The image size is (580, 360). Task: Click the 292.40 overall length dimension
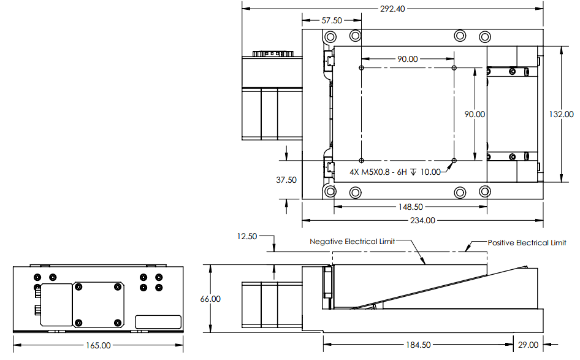(x=392, y=9)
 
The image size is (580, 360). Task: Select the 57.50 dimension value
(x=332, y=20)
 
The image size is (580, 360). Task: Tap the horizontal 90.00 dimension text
(x=407, y=59)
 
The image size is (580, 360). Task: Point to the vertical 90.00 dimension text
(x=475, y=114)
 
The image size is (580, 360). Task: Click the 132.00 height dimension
(x=561, y=114)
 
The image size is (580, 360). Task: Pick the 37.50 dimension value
(x=286, y=180)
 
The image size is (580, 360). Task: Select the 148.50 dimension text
(x=411, y=207)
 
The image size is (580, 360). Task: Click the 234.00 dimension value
(x=422, y=221)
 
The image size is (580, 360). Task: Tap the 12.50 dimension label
(x=246, y=236)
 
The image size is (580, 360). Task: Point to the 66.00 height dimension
(x=210, y=299)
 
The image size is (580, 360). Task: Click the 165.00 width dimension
(x=98, y=345)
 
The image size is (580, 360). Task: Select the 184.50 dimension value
(x=418, y=345)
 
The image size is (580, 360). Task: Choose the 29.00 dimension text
(x=528, y=345)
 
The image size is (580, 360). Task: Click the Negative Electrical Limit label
(x=352, y=242)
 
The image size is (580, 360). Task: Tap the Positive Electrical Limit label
(x=527, y=243)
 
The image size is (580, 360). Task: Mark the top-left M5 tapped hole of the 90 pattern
(x=361, y=67)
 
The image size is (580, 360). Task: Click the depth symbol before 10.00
(x=414, y=172)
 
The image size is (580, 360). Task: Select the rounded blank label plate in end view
(x=158, y=322)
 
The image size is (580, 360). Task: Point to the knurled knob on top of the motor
(x=273, y=53)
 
